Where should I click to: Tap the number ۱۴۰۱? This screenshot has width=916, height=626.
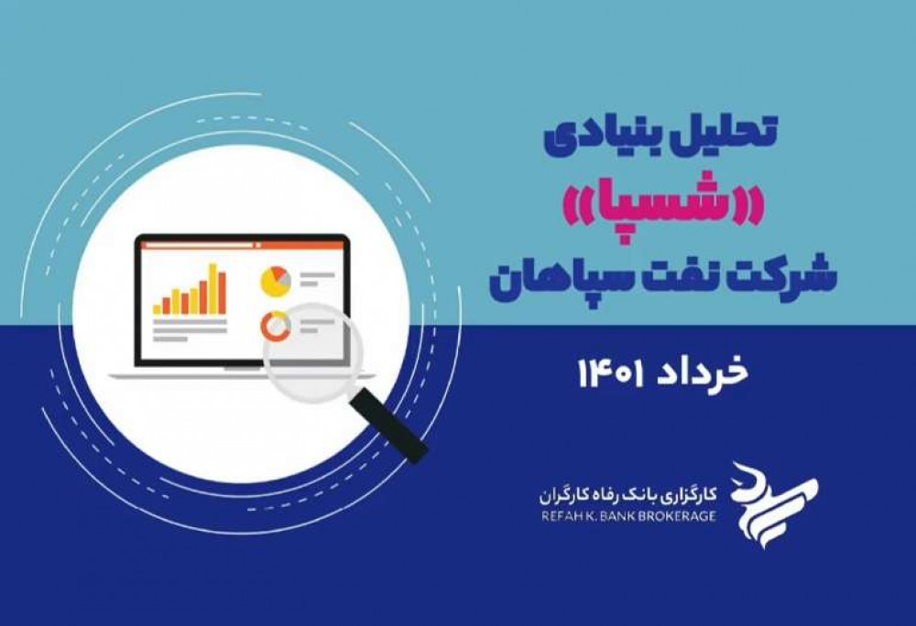coord(610,372)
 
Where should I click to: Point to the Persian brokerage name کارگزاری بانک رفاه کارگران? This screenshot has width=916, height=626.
coord(628,496)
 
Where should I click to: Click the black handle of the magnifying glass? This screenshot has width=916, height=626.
coord(390,426)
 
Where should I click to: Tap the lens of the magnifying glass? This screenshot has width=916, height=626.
coord(312,352)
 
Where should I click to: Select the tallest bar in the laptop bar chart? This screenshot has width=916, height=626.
coord(213,289)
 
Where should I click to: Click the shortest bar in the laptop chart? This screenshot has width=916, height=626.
coord(158,309)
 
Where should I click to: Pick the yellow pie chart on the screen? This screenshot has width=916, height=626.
coord(275,281)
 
